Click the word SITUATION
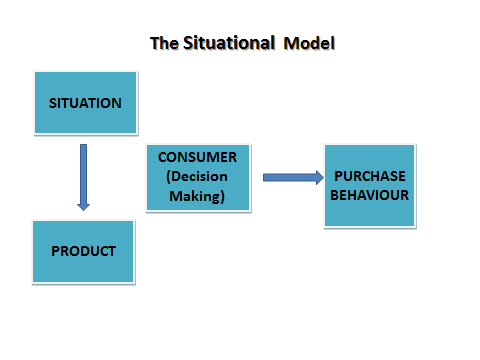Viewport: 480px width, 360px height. pos(85,103)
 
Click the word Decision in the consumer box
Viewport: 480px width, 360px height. pos(199,177)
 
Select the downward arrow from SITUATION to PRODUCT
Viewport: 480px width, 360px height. pos(83,176)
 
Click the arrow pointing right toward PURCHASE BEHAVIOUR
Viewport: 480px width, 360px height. pos(291,178)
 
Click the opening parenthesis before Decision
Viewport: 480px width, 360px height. pos(166,177)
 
